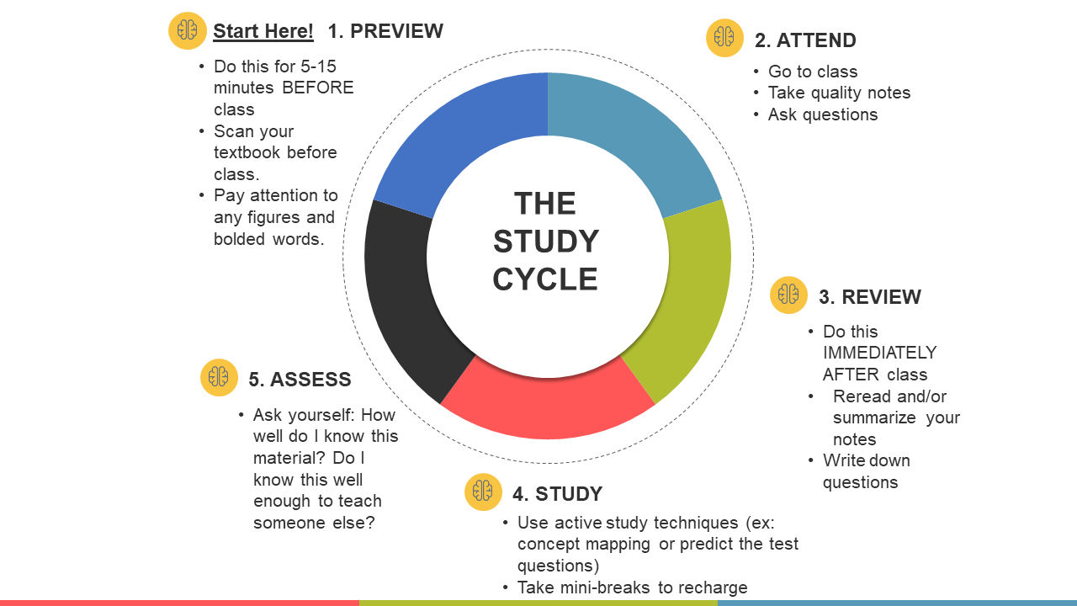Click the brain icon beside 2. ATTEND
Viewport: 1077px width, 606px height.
click(724, 38)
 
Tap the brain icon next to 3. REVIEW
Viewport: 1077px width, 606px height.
click(788, 295)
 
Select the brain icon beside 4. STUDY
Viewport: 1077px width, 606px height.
click(483, 492)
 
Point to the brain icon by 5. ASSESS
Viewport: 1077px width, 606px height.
click(219, 377)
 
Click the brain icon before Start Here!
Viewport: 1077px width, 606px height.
click(188, 31)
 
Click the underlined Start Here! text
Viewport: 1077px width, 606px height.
click(263, 32)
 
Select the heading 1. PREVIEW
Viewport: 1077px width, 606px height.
click(385, 31)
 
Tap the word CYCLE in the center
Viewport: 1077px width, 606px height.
click(545, 279)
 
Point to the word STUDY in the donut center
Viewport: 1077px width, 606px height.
click(545, 242)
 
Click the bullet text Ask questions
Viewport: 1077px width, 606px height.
click(822, 114)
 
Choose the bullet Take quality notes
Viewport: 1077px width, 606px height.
click(839, 93)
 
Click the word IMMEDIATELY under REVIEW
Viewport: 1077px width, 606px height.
click(879, 353)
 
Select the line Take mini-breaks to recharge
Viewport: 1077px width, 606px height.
click(632, 587)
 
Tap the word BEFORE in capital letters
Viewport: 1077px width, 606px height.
click(318, 88)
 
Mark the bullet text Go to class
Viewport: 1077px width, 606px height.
click(812, 72)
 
